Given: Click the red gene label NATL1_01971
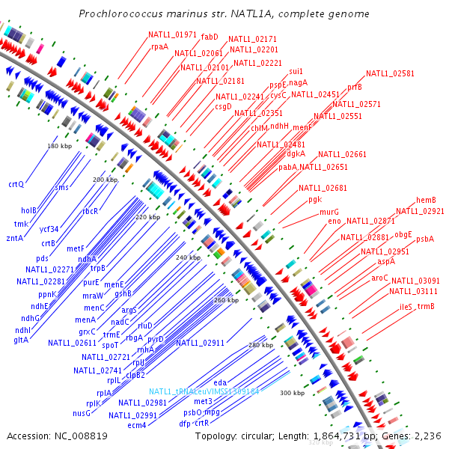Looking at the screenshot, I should pyautogui.click(x=172, y=34).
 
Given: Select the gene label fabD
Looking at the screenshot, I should pyautogui.click(x=210, y=36).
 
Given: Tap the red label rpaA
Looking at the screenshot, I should pyautogui.click(x=159, y=46).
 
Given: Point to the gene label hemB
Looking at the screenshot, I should pyautogui.click(x=426, y=201).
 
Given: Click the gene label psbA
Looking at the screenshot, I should pyautogui.click(x=425, y=239).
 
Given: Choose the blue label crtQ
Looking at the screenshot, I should pyautogui.click(x=16, y=184).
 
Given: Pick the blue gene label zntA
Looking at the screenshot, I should pyautogui.click(x=14, y=238).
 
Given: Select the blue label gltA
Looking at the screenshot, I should pyautogui.click(x=20, y=339).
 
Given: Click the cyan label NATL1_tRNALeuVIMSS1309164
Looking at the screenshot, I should pyautogui.click(x=204, y=391).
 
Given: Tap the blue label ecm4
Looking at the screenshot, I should pyautogui.click(x=136, y=425).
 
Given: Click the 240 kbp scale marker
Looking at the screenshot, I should pyautogui.click(x=189, y=257).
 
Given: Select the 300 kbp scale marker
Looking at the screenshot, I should pyautogui.click(x=293, y=393).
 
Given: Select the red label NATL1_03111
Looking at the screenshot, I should pyautogui.click(x=414, y=291).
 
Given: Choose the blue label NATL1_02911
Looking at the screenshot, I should pyautogui.click(x=201, y=343).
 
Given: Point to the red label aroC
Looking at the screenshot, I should pyautogui.click(x=379, y=278).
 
